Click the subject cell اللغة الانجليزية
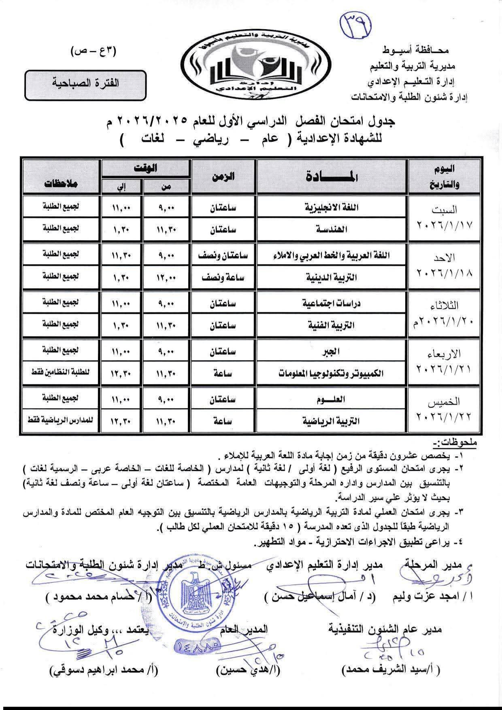[x=332, y=208]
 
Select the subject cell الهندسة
[x=332, y=229]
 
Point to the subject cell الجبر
[x=332, y=351]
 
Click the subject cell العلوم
[x=332, y=399]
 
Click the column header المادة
[x=332, y=177]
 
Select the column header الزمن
[x=223, y=177]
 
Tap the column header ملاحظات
[x=61, y=183]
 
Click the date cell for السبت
[x=445, y=218]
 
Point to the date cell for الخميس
[x=445, y=410]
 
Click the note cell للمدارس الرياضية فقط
[x=61, y=420]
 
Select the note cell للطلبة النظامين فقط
[x=61, y=372]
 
